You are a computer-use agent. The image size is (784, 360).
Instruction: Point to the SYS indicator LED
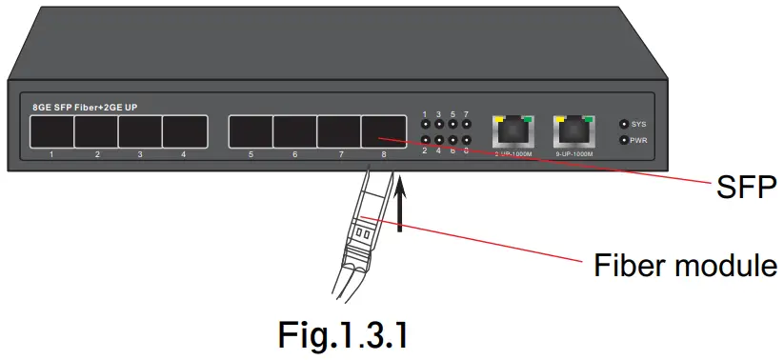pyautogui.click(x=624, y=124)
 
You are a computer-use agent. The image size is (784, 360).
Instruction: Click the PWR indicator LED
pyautogui.click(x=624, y=140)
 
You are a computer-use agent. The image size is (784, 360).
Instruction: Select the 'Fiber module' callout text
pyautogui.click(x=684, y=264)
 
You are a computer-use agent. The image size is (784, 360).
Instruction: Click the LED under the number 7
pyautogui.click(x=466, y=124)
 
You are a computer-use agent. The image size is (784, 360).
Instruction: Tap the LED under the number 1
pyautogui.click(x=425, y=124)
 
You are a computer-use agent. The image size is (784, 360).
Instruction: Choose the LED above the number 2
pyautogui.click(x=425, y=140)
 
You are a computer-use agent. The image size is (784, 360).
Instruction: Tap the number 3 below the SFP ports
pyautogui.click(x=140, y=153)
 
